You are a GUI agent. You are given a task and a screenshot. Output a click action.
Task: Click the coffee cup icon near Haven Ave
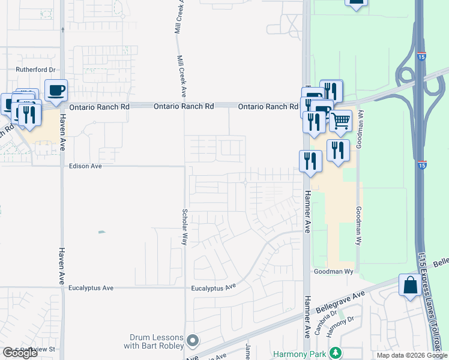coord(56,91)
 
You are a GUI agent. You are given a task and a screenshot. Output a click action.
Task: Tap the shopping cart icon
coord(340,120)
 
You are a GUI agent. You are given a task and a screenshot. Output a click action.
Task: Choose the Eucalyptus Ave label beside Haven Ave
coord(91,288)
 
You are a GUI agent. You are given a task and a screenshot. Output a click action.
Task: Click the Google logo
coord(20,353)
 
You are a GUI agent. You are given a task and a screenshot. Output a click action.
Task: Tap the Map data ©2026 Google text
coord(412,355)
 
